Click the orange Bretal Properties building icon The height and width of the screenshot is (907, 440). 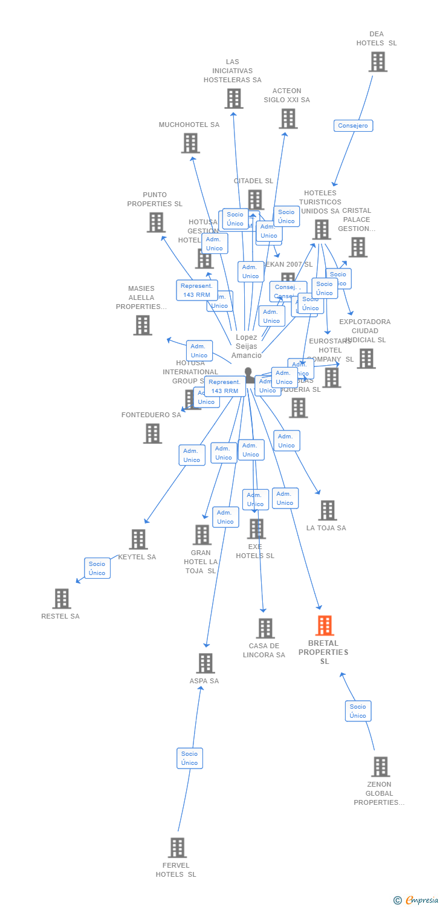(x=325, y=626)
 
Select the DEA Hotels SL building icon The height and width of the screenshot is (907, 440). (x=378, y=62)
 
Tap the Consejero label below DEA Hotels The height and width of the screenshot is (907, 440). (x=354, y=126)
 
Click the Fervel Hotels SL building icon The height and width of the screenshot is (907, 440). (x=177, y=848)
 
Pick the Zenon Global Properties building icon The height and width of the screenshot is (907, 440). (x=380, y=767)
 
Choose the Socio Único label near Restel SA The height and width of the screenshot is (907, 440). (x=97, y=568)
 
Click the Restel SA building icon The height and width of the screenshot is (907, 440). (x=62, y=599)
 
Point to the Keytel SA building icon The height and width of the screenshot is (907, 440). (x=138, y=539)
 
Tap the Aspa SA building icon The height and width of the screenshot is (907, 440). (x=205, y=663)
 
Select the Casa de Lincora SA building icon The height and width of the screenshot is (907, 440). (x=265, y=628)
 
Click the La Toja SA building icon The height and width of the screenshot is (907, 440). (x=328, y=510)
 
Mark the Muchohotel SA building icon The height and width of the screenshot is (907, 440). (x=190, y=143)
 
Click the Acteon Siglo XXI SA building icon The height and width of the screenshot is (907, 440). (x=288, y=119)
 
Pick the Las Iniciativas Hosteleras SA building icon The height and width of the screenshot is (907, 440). (x=234, y=99)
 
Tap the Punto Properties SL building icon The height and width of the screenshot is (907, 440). (x=157, y=223)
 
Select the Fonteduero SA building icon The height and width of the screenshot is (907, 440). (x=152, y=434)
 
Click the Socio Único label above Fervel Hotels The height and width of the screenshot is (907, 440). (x=190, y=758)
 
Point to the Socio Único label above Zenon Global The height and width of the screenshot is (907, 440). (x=358, y=711)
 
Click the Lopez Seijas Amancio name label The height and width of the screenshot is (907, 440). (x=247, y=346)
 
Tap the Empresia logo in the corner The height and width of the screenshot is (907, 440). (x=416, y=900)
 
